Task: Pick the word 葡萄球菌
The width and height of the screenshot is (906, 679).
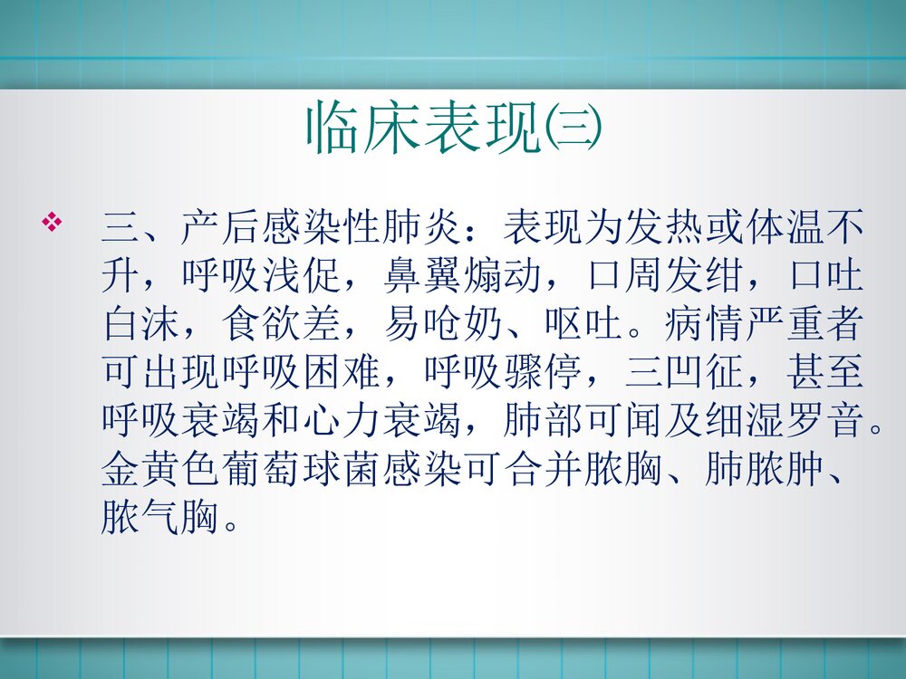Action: tap(300, 471)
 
